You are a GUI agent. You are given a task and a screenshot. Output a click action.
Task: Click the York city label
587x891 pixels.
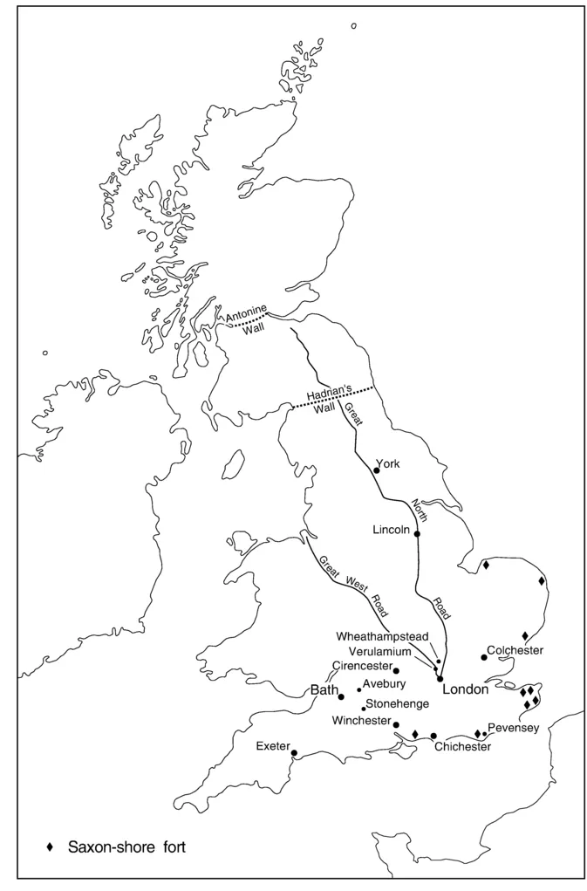[386, 463]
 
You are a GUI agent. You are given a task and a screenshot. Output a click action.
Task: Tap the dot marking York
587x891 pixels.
[376, 470]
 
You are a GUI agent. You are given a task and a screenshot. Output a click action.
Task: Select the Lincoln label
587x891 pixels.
[391, 530]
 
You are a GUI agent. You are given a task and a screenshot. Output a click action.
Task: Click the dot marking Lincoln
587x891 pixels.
[417, 534]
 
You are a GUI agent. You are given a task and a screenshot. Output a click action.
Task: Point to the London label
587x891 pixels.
[465, 689]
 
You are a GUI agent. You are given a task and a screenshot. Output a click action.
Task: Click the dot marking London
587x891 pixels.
[440, 678]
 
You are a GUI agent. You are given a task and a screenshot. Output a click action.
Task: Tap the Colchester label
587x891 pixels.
[515, 650]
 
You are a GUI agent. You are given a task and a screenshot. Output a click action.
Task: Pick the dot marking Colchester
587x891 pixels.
[483, 657]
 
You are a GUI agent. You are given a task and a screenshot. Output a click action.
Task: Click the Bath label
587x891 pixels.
[324, 690]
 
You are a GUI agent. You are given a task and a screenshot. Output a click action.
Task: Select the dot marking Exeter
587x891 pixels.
[294, 753]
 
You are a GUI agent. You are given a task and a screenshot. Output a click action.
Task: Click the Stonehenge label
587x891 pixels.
[397, 703]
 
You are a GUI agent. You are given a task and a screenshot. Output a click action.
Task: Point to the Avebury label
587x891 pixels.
[385, 684]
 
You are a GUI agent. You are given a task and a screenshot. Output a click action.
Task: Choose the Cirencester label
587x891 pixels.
[361, 666]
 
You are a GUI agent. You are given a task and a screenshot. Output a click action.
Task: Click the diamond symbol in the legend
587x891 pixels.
[51, 846]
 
